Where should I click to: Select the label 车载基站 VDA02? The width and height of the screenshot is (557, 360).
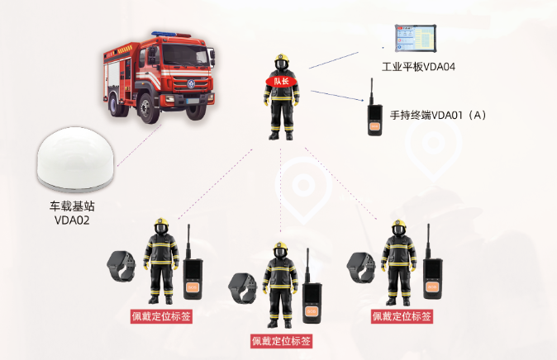coord(71,213)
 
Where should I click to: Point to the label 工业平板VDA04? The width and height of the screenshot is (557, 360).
coord(418,65)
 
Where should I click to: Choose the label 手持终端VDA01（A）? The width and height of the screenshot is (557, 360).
coord(437,114)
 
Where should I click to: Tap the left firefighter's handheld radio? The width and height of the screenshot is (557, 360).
coord(194,276)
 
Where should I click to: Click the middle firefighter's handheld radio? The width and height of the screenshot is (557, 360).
coord(311,300)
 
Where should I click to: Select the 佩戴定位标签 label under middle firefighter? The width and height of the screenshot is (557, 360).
coord(281,340)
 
